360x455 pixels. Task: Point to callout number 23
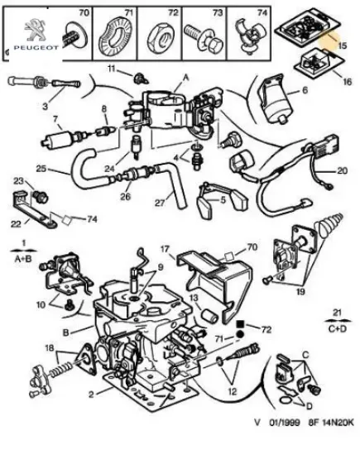[19, 180]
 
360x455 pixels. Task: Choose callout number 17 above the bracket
[165, 247]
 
